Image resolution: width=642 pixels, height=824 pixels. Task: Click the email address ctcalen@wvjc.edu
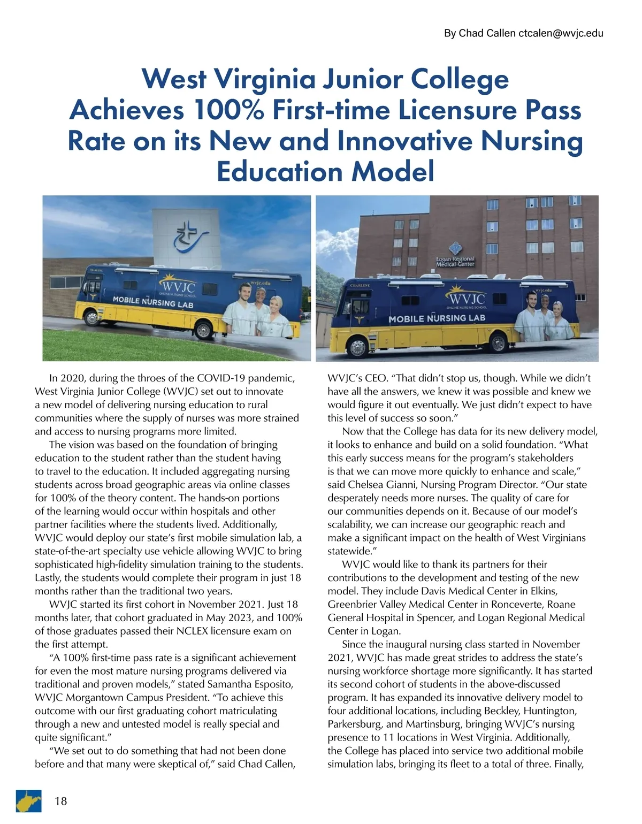pos(561,33)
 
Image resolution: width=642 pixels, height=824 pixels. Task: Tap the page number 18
pos(61,800)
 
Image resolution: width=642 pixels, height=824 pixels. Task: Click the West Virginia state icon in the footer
pos(28,800)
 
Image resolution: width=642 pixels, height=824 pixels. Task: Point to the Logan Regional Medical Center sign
pos(455,261)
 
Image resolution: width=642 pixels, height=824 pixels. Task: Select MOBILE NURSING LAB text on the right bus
pos(437,318)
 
